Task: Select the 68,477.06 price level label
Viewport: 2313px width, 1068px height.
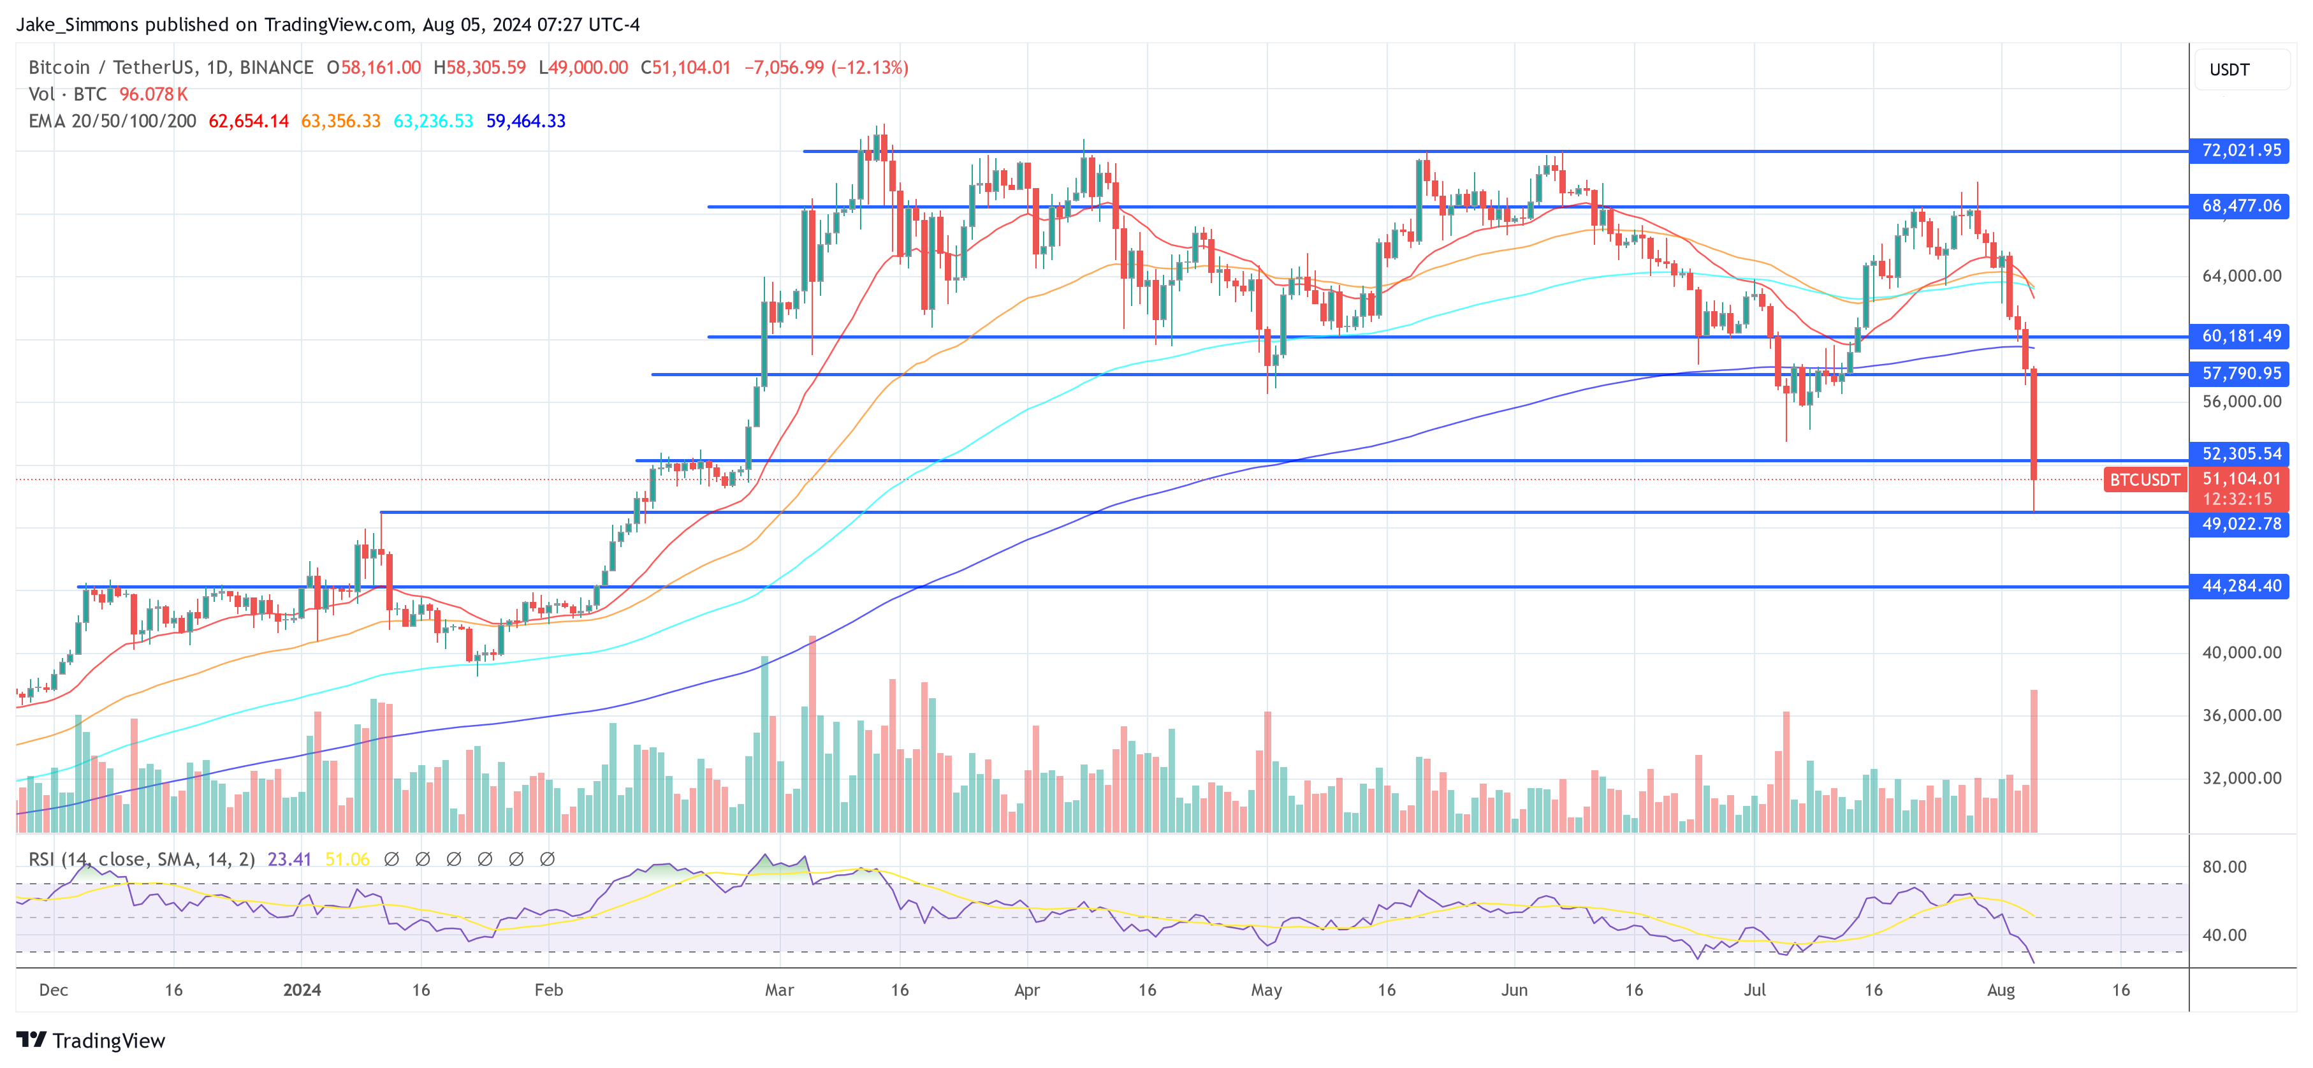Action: (2240, 207)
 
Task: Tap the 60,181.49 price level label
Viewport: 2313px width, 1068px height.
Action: (2240, 337)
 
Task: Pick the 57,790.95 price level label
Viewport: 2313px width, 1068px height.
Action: (2240, 374)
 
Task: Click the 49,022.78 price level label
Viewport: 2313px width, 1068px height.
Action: (2240, 523)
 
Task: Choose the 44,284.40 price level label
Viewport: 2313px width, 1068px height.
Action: (2240, 587)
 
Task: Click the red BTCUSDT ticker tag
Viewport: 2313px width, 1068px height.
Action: (2144, 479)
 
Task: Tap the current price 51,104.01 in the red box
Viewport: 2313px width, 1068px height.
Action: (2241, 479)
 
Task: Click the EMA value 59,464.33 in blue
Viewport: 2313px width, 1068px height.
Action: (525, 121)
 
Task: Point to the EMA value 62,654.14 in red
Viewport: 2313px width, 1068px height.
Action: (249, 121)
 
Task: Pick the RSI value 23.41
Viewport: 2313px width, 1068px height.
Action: (289, 860)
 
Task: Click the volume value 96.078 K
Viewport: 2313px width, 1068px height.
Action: (154, 94)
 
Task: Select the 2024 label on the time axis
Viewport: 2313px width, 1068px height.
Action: (302, 990)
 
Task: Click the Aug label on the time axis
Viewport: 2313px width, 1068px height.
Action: (2001, 990)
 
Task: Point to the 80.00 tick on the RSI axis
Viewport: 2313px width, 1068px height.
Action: (2224, 867)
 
